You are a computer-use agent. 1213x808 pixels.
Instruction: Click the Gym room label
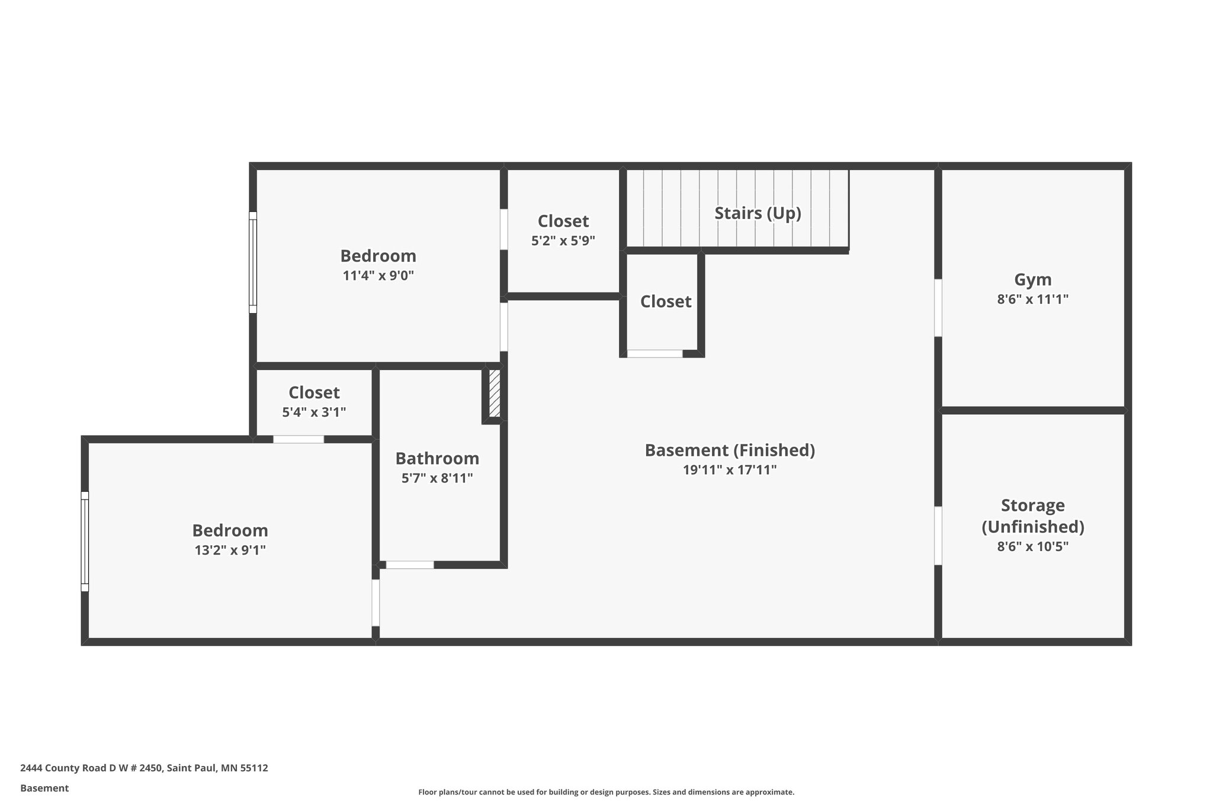[x=1032, y=279]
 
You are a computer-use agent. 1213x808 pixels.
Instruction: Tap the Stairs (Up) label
[x=758, y=213]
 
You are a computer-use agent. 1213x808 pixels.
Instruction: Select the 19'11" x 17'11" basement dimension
[x=729, y=470]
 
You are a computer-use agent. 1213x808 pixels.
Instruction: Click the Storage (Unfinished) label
[x=1032, y=516]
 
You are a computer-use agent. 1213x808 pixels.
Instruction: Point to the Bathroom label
[x=437, y=458]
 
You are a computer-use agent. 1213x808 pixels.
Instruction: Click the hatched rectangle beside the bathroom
[x=495, y=394]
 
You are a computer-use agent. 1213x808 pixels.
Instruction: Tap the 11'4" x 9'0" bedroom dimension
[x=378, y=275]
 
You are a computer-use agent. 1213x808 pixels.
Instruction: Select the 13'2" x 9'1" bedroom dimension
[x=230, y=550]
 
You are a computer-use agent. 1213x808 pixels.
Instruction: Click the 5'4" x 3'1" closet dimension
[x=314, y=412]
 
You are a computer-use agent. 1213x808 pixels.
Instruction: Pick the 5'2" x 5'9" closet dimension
[x=563, y=241]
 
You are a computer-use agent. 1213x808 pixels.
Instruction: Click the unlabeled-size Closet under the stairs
[x=666, y=302]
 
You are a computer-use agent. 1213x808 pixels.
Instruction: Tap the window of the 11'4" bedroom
[x=253, y=262]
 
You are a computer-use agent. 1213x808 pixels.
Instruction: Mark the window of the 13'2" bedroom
[x=85, y=541]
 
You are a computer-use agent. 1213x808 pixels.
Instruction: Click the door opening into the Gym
[x=938, y=308]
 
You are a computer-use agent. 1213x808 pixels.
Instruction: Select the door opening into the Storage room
[x=938, y=535]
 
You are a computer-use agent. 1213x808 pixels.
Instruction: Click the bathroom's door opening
[x=410, y=565]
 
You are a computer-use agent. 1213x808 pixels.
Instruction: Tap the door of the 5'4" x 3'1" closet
[x=299, y=439]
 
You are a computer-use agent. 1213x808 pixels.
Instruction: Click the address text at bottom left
[x=144, y=768]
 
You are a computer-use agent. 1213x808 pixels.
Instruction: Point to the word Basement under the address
[x=44, y=788]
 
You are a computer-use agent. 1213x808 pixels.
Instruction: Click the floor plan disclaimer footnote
[x=606, y=792]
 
